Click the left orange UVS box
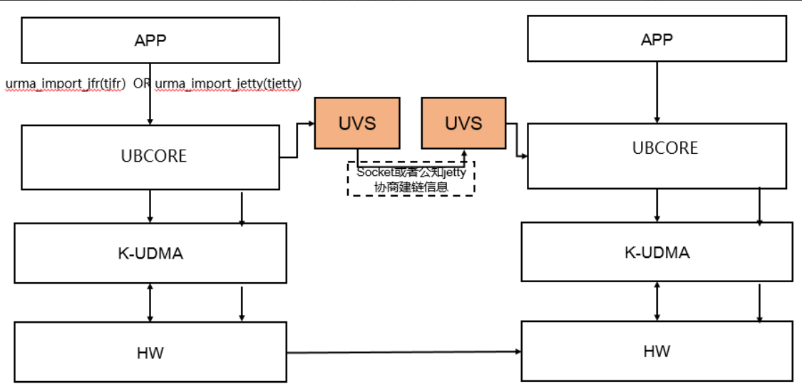click(x=357, y=123)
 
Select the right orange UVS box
click(x=463, y=123)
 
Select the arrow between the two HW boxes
click(x=404, y=352)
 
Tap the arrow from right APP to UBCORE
click(x=657, y=93)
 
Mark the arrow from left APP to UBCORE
click(x=150, y=94)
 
